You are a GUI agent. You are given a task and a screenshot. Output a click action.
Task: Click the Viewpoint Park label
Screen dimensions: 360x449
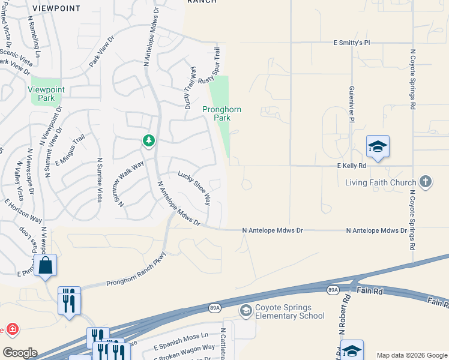pos(50,94)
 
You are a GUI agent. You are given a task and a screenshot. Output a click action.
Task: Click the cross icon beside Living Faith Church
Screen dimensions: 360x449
pos(426,181)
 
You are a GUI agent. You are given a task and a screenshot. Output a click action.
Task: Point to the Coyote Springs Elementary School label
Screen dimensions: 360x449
pos(290,312)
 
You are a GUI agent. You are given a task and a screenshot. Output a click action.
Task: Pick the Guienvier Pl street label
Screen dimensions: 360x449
pos(352,101)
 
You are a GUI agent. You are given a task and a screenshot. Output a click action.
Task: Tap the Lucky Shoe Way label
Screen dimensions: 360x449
pos(194,188)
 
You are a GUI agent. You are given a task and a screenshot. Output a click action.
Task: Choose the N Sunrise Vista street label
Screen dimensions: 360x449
pos(100,180)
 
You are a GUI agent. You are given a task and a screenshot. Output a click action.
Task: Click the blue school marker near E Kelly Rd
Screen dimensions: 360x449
pos(378,147)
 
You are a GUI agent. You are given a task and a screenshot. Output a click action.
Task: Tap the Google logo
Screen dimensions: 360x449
pos(20,353)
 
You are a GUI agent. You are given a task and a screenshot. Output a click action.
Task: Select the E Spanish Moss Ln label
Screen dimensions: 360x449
pos(181,337)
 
